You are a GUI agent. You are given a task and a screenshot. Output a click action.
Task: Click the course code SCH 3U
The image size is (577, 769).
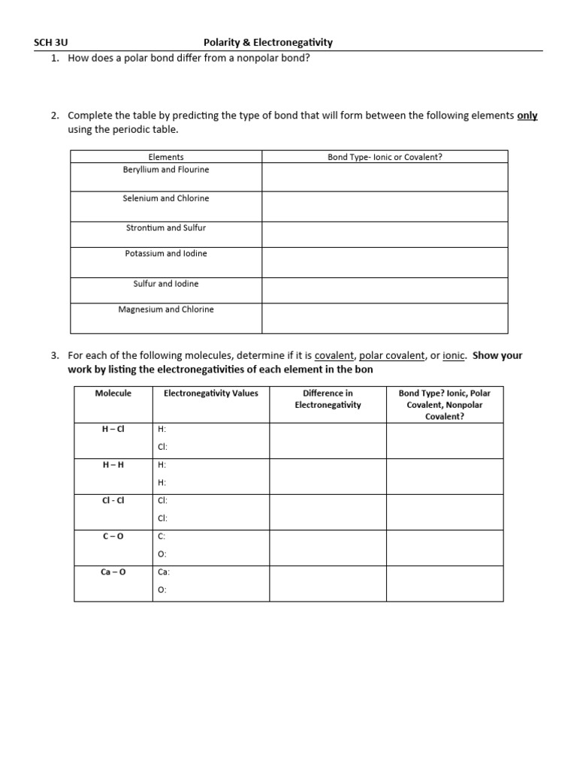(x=52, y=43)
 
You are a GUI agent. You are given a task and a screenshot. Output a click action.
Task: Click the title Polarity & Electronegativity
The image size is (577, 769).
(x=267, y=43)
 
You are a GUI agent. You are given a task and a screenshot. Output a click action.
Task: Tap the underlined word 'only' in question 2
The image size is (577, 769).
(x=527, y=116)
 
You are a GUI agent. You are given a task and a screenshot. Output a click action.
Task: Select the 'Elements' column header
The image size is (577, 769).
(x=166, y=157)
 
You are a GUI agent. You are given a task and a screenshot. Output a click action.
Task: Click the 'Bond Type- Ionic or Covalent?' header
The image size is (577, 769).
(x=385, y=157)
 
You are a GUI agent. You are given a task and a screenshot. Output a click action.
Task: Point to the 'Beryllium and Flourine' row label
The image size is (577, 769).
(x=166, y=170)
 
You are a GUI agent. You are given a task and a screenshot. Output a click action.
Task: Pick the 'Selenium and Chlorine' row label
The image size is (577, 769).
(x=166, y=198)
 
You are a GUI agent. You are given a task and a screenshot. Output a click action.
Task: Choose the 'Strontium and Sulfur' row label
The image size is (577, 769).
(x=166, y=228)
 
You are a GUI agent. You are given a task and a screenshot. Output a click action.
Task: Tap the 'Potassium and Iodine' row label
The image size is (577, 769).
(x=166, y=254)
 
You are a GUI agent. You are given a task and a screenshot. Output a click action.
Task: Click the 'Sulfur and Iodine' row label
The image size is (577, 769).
(x=166, y=284)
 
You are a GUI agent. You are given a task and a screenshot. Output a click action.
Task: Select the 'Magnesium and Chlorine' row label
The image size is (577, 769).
(x=166, y=309)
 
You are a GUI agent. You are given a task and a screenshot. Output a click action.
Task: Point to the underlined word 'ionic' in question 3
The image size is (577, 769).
(x=454, y=356)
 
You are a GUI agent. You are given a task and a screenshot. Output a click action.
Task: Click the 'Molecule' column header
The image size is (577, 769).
(x=113, y=393)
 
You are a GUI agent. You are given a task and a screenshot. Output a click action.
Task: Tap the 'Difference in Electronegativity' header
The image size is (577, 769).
(x=328, y=399)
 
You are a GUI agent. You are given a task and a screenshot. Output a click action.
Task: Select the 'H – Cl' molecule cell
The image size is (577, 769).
(x=113, y=429)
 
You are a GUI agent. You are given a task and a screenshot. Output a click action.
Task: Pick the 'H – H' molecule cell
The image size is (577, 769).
(x=113, y=464)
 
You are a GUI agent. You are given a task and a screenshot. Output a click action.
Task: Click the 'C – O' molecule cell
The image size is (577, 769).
(x=113, y=536)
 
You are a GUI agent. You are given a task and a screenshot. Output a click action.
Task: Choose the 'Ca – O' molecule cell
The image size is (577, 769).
(x=113, y=571)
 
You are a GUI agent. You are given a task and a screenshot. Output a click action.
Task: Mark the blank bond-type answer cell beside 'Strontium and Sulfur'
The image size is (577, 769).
(x=385, y=233)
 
